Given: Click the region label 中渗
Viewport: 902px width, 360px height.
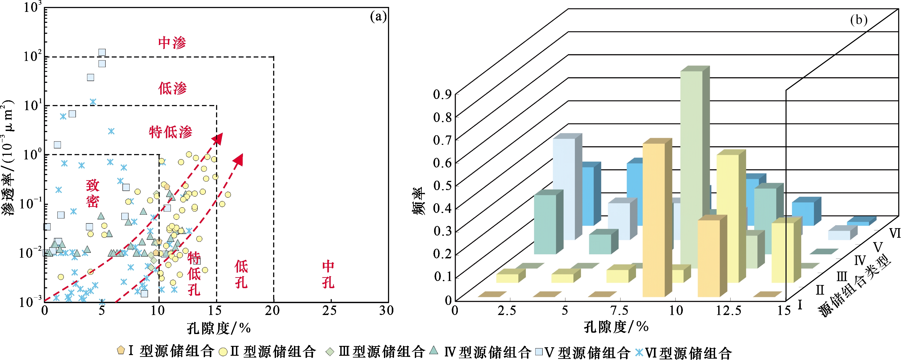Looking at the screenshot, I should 172,43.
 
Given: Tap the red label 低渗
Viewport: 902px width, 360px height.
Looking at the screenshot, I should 172,88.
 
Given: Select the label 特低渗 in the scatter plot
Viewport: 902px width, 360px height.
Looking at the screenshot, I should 171,132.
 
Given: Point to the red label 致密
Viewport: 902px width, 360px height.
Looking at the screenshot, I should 93,193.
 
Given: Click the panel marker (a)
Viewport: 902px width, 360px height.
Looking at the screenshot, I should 378,17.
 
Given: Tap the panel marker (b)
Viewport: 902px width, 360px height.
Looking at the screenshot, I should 859,20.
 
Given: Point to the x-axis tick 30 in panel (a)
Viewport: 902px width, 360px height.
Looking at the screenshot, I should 387,311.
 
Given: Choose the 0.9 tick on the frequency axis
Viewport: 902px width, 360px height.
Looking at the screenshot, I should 442,94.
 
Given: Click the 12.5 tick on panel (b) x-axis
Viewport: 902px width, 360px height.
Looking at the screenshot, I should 728,311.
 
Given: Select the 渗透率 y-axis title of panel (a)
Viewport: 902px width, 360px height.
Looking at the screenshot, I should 9,158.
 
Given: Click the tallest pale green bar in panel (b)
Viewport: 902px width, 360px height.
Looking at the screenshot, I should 692,168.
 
